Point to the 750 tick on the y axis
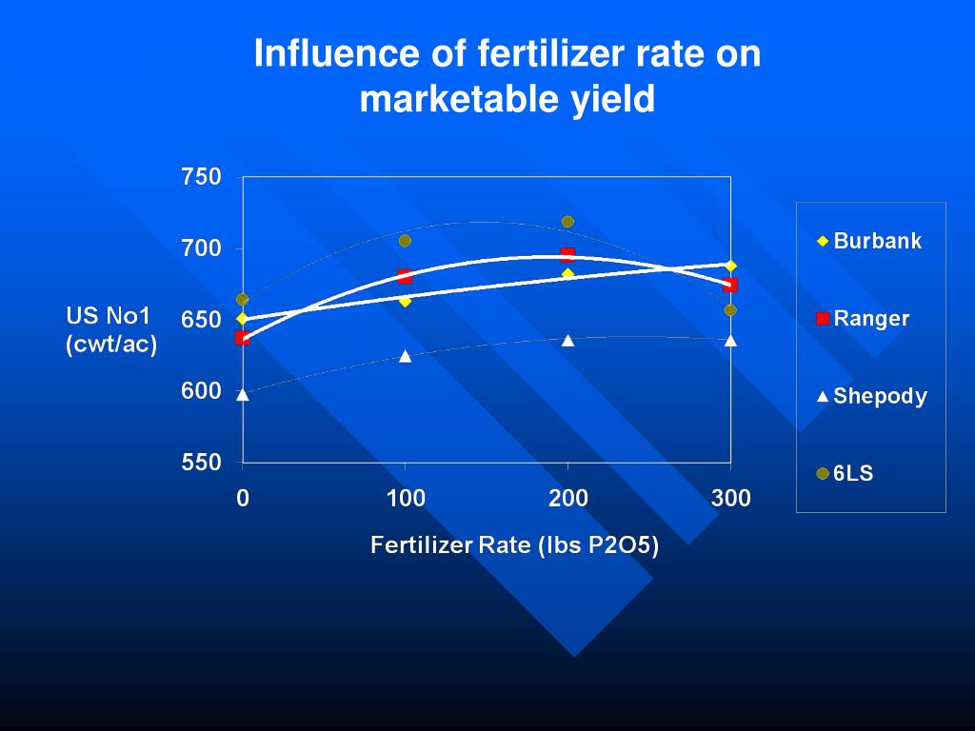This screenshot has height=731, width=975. pyautogui.click(x=201, y=177)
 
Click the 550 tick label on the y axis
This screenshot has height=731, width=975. pyautogui.click(x=201, y=463)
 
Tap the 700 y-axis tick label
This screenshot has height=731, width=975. pyautogui.click(x=201, y=248)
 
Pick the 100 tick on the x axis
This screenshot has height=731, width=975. pyautogui.click(x=406, y=498)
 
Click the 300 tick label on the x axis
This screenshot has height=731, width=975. pyautogui.click(x=730, y=498)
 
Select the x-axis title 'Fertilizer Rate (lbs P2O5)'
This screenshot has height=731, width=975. pyautogui.click(x=514, y=545)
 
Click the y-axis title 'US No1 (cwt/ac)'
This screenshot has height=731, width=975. pyautogui.click(x=110, y=330)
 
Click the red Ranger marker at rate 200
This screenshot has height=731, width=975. pyautogui.click(x=567, y=254)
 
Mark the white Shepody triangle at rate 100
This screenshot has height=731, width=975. pyautogui.click(x=406, y=356)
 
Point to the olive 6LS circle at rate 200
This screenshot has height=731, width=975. pyautogui.click(x=567, y=222)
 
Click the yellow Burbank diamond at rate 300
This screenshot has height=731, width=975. pyautogui.click(x=730, y=266)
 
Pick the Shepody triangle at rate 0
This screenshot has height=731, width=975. pyautogui.click(x=243, y=394)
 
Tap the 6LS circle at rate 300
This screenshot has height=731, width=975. pyautogui.click(x=730, y=310)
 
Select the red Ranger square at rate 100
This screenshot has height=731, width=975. pyautogui.click(x=406, y=276)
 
